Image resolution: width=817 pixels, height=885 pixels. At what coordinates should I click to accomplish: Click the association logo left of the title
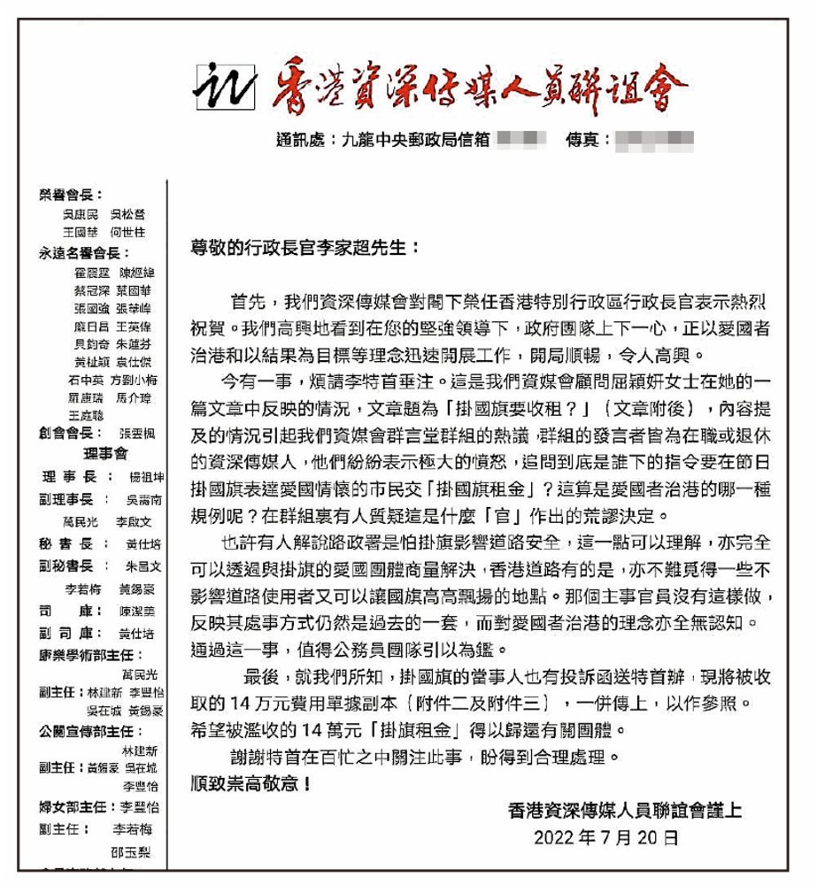(225, 83)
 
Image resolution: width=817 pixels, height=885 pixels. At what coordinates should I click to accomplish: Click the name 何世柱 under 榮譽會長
(127, 232)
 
